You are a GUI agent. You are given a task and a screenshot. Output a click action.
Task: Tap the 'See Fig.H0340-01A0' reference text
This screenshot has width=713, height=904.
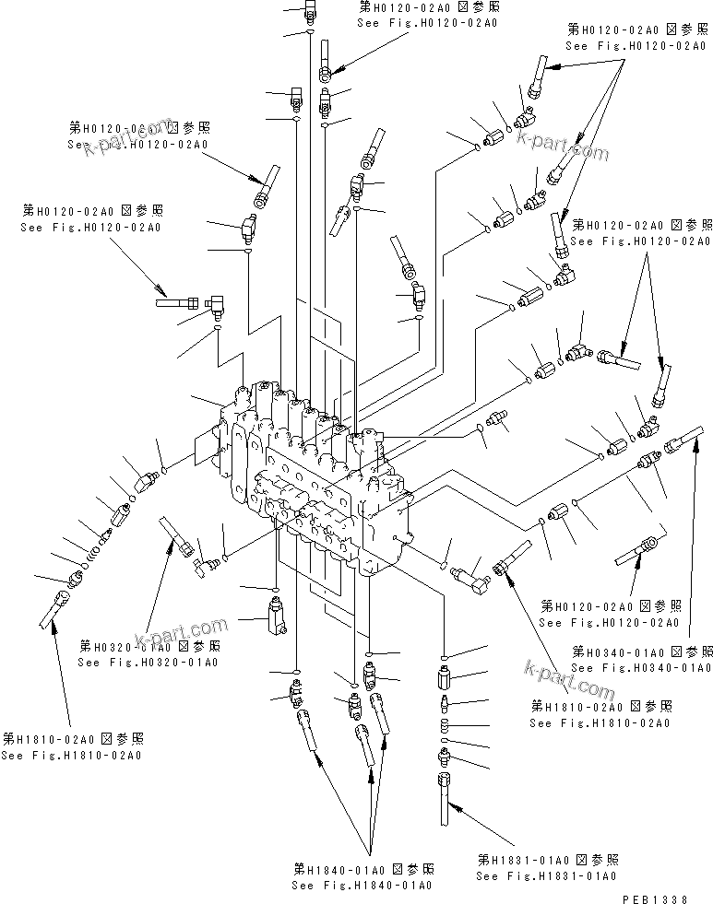[x=641, y=667]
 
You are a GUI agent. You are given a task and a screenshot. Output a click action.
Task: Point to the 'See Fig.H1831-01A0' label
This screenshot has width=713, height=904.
[x=546, y=875]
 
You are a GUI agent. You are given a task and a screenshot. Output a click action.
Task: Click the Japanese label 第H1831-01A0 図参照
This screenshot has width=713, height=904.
[x=546, y=859]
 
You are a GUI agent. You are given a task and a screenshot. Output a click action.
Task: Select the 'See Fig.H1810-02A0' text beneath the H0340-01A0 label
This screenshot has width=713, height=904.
[x=600, y=723]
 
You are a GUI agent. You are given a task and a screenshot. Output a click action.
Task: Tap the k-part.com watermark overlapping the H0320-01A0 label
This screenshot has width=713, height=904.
[x=180, y=632]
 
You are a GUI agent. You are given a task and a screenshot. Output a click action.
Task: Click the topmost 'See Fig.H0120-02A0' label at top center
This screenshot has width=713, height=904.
[x=428, y=21]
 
